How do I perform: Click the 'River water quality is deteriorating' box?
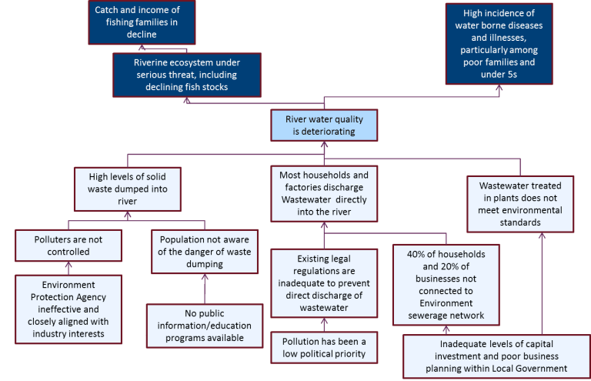click(x=324, y=125)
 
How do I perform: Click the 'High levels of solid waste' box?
click(x=129, y=189)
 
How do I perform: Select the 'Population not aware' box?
click(x=205, y=251)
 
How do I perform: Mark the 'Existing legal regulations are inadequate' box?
click(x=323, y=284)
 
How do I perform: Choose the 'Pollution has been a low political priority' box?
click(x=323, y=346)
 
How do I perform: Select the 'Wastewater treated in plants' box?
click(x=520, y=204)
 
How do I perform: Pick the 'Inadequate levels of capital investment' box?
click(x=492, y=356)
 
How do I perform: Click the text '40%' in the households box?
click(x=411, y=254)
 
